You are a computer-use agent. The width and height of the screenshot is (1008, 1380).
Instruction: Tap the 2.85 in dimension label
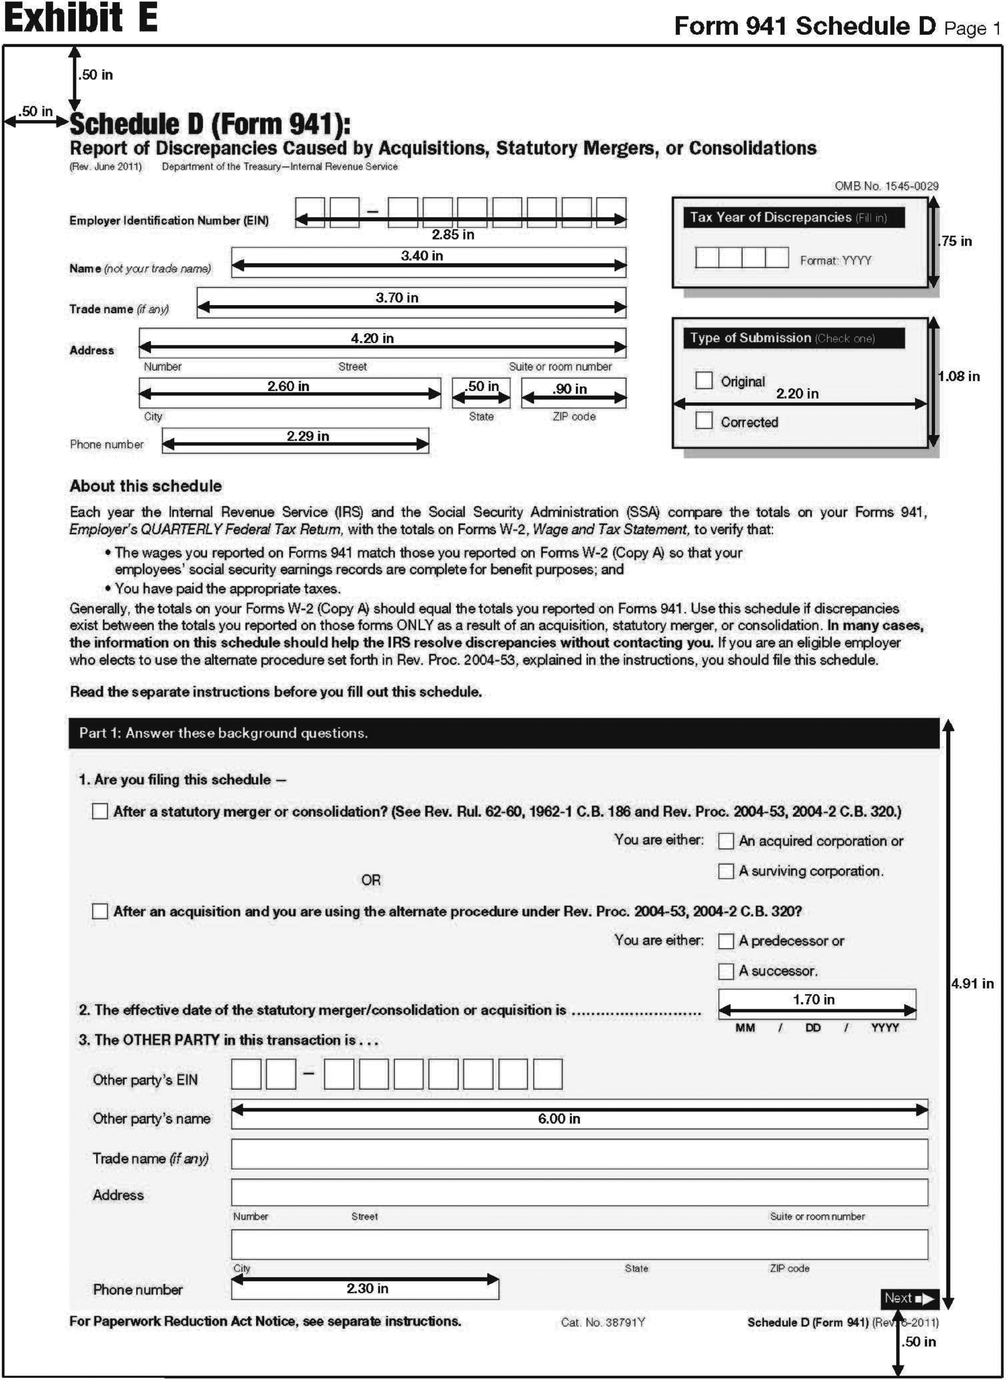[x=453, y=235]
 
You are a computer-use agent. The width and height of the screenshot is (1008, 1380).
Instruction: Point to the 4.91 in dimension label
[x=972, y=983]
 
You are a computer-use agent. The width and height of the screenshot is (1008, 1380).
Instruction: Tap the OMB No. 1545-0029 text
[x=886, y=186]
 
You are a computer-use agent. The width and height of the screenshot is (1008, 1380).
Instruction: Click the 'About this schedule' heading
[x=146, y=486]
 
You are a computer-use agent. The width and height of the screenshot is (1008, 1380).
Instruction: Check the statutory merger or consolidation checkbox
[x=100, y=811]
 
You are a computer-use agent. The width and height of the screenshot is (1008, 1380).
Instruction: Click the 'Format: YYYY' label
[x=835, y=260]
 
